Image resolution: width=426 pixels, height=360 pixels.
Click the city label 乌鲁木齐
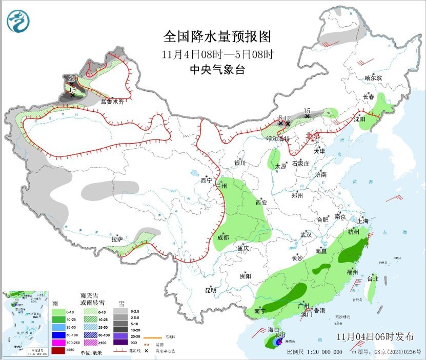pos(112,102)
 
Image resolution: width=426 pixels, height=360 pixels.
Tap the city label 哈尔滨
pos(373,78)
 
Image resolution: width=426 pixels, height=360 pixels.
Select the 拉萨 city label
pos(117,239)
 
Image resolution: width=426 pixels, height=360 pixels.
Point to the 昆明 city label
pos(211,290)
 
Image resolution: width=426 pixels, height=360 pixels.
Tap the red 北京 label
pos(312,136)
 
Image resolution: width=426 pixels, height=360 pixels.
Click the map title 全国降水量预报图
pos(216,37)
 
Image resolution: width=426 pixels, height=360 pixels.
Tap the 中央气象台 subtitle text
pos(217,70)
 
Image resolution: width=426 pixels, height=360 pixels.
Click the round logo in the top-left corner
pos(18,21)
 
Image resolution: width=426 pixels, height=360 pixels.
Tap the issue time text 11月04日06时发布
pos(375,337)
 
